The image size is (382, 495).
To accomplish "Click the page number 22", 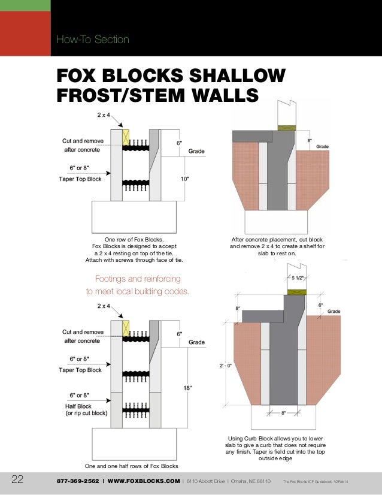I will (17, 480).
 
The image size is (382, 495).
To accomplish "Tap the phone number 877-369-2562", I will (78, 481).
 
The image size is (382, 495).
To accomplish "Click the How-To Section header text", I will (92, 40).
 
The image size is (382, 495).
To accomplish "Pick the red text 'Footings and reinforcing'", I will (138, 279).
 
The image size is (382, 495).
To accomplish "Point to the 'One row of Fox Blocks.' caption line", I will (134, 239).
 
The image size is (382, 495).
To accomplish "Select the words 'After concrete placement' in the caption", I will (262, 239).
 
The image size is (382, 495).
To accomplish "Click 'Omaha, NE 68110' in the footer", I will (248, 481).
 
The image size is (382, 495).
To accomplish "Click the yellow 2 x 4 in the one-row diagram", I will (126, 138).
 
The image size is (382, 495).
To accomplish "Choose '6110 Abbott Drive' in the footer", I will (204, 481).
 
